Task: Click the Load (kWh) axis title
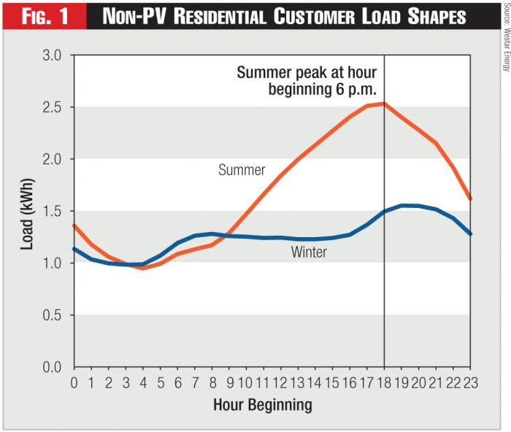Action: coord(27,212)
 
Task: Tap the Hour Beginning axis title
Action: coord(272,403)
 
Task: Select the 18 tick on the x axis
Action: coord(384,382)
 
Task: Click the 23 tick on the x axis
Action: coord(470,382)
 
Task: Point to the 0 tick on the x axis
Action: coord(74,382)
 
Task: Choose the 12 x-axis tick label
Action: coord(280,382)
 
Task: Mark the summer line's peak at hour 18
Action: coord(385,104)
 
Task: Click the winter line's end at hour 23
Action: coord(471,234)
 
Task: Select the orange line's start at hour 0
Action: coord(74,225)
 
